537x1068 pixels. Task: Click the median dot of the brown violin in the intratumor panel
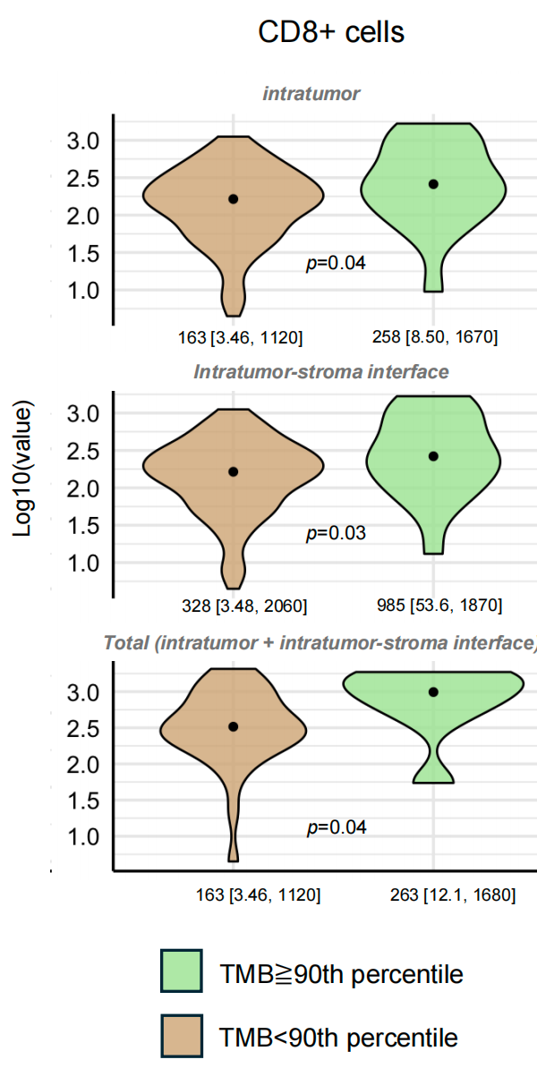point(233,199)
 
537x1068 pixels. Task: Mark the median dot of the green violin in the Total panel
point(433,692)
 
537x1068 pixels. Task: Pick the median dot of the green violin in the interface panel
point(433,456)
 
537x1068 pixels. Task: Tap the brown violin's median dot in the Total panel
point(233,726)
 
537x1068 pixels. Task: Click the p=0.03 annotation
point(336,532)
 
